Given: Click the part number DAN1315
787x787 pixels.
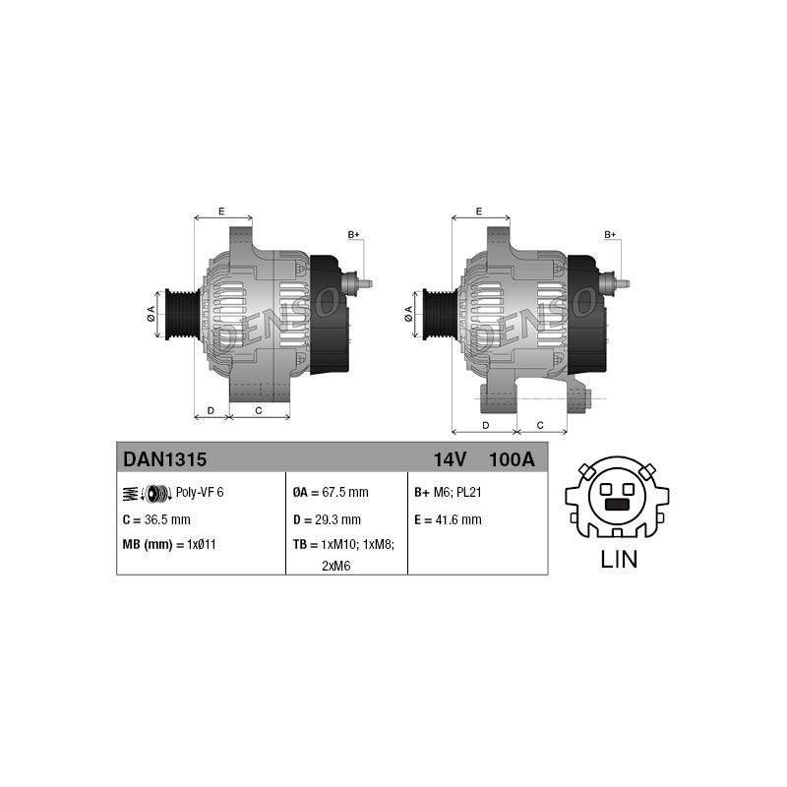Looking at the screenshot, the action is [164, 459].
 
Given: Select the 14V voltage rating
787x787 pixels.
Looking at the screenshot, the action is [450, 459].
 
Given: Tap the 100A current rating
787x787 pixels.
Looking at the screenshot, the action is [512, 459].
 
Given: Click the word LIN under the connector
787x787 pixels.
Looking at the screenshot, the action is [619, 559].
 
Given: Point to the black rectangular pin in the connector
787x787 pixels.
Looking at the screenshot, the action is [617, 505].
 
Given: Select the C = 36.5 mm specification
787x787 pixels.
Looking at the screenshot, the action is [156, 519].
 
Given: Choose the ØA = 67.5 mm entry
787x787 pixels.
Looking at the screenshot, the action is [331, 493].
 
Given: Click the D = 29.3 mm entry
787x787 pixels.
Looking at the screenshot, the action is [327, 519].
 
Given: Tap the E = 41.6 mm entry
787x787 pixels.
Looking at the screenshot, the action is [448, 519].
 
